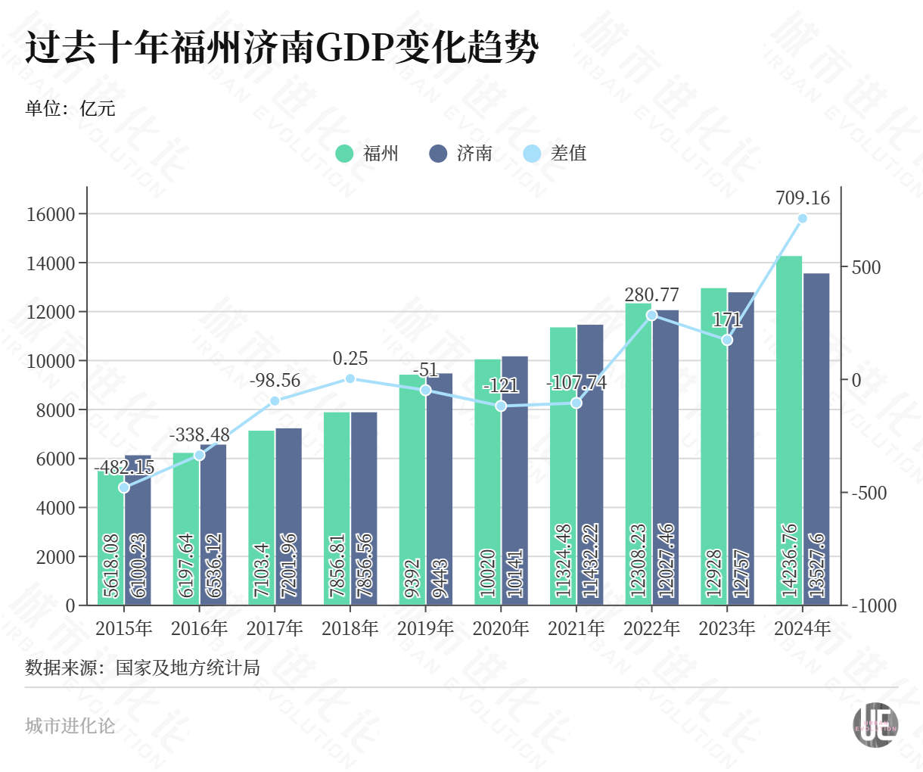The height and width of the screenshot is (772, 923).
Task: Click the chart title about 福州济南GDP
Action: pyautogui.click(x=281, y=48)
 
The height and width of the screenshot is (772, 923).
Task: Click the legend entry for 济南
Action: pyautogui.click(x=461, y=154)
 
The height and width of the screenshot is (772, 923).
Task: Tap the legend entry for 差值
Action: pyautogui.click(x=555, y=154)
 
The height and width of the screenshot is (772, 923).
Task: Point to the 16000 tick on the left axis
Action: pyautogui.click(x=51, y=214)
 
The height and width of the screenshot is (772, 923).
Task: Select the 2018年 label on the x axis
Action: pyautogui.click(x=350, y=628)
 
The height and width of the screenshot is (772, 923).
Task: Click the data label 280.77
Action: pyautogui.click(x=651, y=294)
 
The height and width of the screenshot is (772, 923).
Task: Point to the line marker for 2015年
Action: pyautogui.click(x=124, y=487)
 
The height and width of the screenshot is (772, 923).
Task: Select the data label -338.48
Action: pyautogui.click(x=199, y=435)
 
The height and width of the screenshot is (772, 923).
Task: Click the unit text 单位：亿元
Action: pyautogui.click(x=70, y=108)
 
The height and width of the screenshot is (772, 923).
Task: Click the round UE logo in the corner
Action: pyautogui.click(x=875, y=725)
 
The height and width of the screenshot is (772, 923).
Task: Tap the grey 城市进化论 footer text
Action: pyautogui.click(x=70, y=726)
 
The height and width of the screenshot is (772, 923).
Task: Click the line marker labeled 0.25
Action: pyautogui.click(x=350, y=378)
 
